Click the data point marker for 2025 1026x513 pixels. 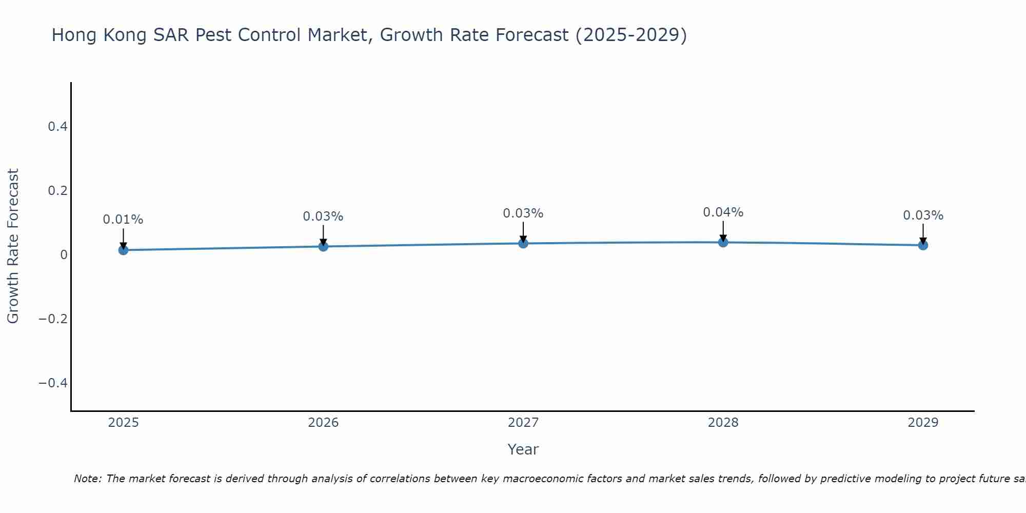123,250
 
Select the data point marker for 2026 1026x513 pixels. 323,246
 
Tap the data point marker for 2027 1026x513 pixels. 523,243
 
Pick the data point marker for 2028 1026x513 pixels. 723,242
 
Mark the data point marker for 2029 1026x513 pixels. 923,245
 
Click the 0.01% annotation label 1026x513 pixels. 123,220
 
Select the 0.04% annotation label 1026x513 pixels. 723,212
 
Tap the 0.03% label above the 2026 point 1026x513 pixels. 323,216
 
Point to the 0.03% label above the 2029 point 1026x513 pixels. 923,215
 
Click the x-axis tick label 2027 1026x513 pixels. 523,423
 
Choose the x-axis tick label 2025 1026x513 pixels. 124,423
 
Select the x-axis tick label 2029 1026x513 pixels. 923,423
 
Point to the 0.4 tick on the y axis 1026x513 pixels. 58,126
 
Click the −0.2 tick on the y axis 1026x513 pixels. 53,319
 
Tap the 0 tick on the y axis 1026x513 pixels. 64,255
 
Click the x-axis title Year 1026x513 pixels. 523,449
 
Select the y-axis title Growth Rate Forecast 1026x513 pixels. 13,246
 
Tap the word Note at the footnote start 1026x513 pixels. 87,479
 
